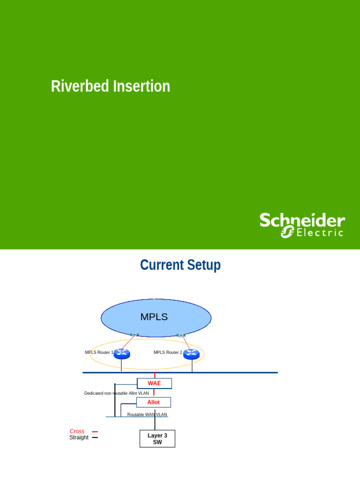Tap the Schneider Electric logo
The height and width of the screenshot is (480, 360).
pyautogui.click(x=302, y=225)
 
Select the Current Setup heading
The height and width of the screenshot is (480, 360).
pyautogui.click(x=180, y=265)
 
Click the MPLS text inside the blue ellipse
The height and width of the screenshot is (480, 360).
pyautogui.click(x=154, y=317)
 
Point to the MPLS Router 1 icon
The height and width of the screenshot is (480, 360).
pyautogui.click(x=121, y=353)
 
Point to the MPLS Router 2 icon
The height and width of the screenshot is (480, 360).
pyautogui.click(x=191, y=353)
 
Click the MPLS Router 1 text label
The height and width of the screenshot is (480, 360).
pyautogui.click(x=98, y=352)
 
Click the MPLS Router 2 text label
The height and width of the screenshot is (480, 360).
pyautogui.click(x=167, y=352)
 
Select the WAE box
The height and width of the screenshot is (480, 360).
pyautogui.click(x=154, y=383)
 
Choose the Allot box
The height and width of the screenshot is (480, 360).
pyautogui.click(x=153, y=402)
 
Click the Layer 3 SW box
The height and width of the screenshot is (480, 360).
pyautogui.click(x=157, y=439)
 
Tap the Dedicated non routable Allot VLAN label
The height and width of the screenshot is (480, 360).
pyautogui.click(x=116, y=393)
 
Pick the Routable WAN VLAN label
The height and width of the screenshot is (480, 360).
pyautogui.click(x=147, y=415)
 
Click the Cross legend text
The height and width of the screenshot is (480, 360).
pyautogui.click(x=77, y=431)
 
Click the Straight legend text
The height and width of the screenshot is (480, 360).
pyautogui.click(x=79, y=437)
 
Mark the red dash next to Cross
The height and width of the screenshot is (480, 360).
pyautogui.click(x=95, y=432)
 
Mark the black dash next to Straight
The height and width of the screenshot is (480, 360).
pyautogui.click(x=95, y=437)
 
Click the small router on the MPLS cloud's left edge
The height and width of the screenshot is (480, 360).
pyautogui.click(x=135, y=334)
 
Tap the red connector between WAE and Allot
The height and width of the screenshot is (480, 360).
pyautogui.click(x=154, y=393)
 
